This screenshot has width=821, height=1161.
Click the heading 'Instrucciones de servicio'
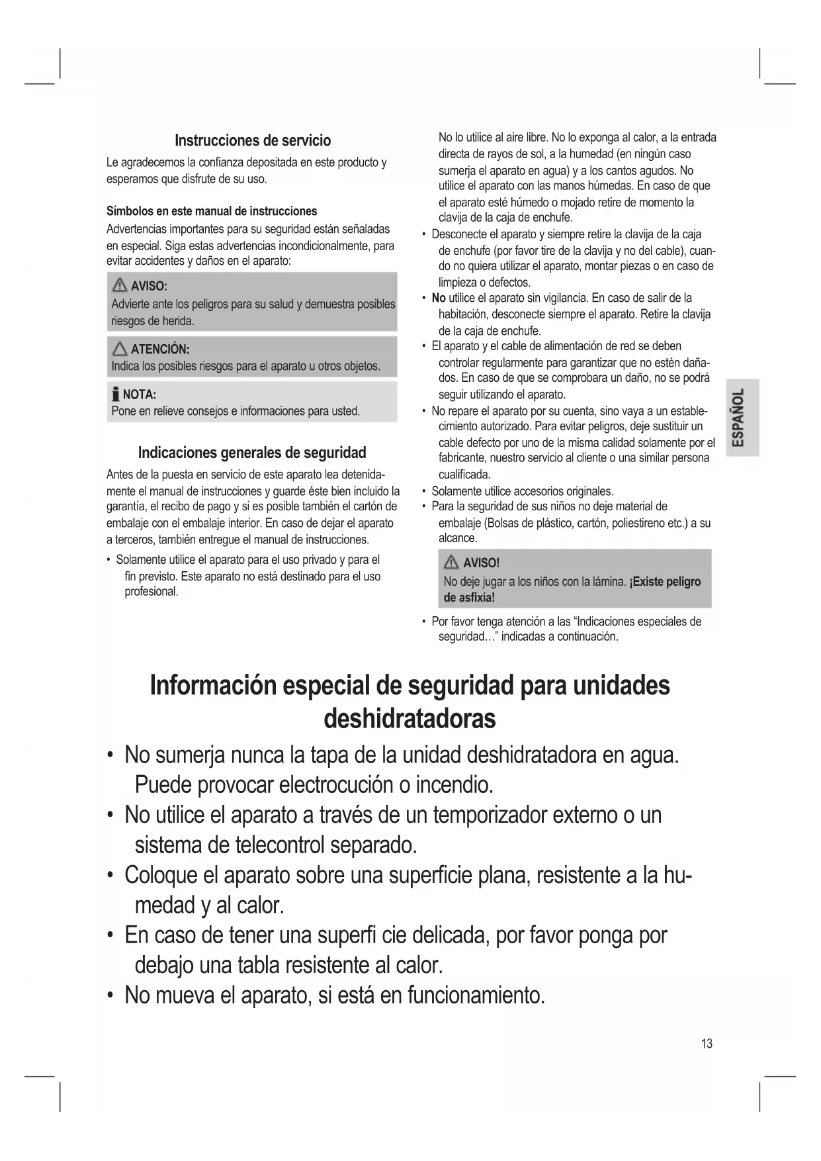(x=252, y=140)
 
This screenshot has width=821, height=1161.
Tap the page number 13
(x=707, y=1044)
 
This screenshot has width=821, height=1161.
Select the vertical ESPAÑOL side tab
(x=740, y=418)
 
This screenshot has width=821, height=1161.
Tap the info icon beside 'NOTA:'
(x=116, y=395)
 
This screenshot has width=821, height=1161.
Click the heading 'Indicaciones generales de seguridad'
(x=251, y=453)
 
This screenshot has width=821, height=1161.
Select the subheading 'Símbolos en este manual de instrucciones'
(x=212, y=211)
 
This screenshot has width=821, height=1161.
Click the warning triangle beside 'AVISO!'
(x=452, y=563)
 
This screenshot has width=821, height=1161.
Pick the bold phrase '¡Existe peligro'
(x=665, y=582)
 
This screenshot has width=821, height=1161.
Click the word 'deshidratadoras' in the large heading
(x=410, y=718)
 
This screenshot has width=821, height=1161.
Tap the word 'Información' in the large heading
(x=212, y=685)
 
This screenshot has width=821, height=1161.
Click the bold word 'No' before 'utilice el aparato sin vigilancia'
(x=438, y=298)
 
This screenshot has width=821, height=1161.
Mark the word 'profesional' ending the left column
(x=151, y=592)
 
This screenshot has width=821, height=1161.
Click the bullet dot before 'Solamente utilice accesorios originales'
(x=423, y=491)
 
